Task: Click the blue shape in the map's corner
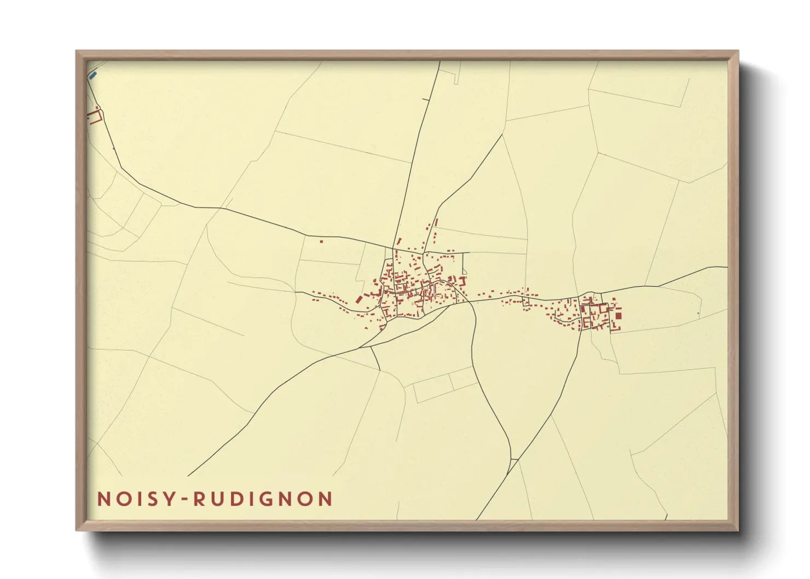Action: [92, 74]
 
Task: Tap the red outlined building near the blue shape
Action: [95, 117]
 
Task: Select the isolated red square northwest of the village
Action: [321, 241]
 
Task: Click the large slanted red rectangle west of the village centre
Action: [359, 299]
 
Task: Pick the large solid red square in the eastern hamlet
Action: [618, 316]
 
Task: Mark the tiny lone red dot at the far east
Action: [698, 314]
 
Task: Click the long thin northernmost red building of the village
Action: [436, 222]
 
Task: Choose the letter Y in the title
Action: [170, 499]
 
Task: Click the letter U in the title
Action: [218, 499]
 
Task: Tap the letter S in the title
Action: [154, 499]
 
